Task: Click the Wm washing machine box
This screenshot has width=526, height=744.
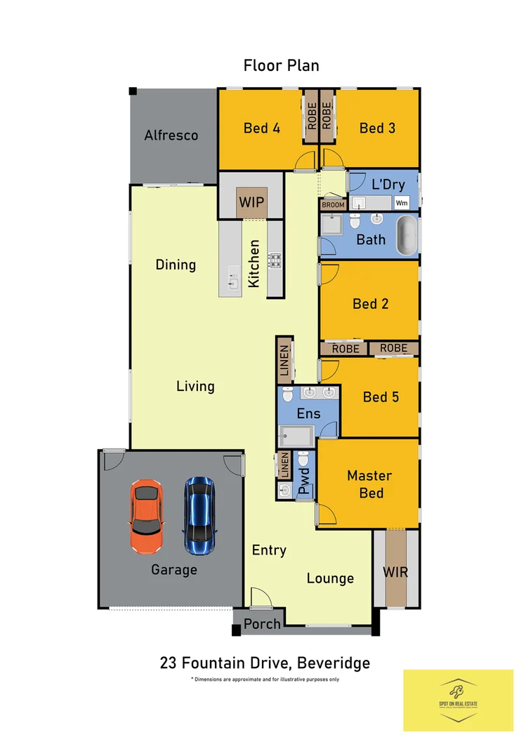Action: tap(402, 203)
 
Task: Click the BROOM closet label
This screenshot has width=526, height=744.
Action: tap(333, 205)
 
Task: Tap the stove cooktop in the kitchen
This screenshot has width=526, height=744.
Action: tap(275, 261)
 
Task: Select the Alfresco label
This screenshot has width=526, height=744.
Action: tap(171, 135)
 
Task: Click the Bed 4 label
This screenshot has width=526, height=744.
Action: tap(262, 128)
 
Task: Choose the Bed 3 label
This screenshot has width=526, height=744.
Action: tap(377, 128)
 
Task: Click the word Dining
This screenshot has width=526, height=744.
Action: tap(176, 265)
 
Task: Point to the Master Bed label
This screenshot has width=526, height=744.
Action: tap(370, 484)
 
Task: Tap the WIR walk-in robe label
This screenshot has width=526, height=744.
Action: tap(395, 572)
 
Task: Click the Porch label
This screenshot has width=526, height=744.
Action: tap(262, 623)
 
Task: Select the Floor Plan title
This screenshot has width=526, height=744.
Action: tap(281, 66)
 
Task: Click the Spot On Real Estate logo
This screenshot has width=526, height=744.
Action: tap(458, 699)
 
